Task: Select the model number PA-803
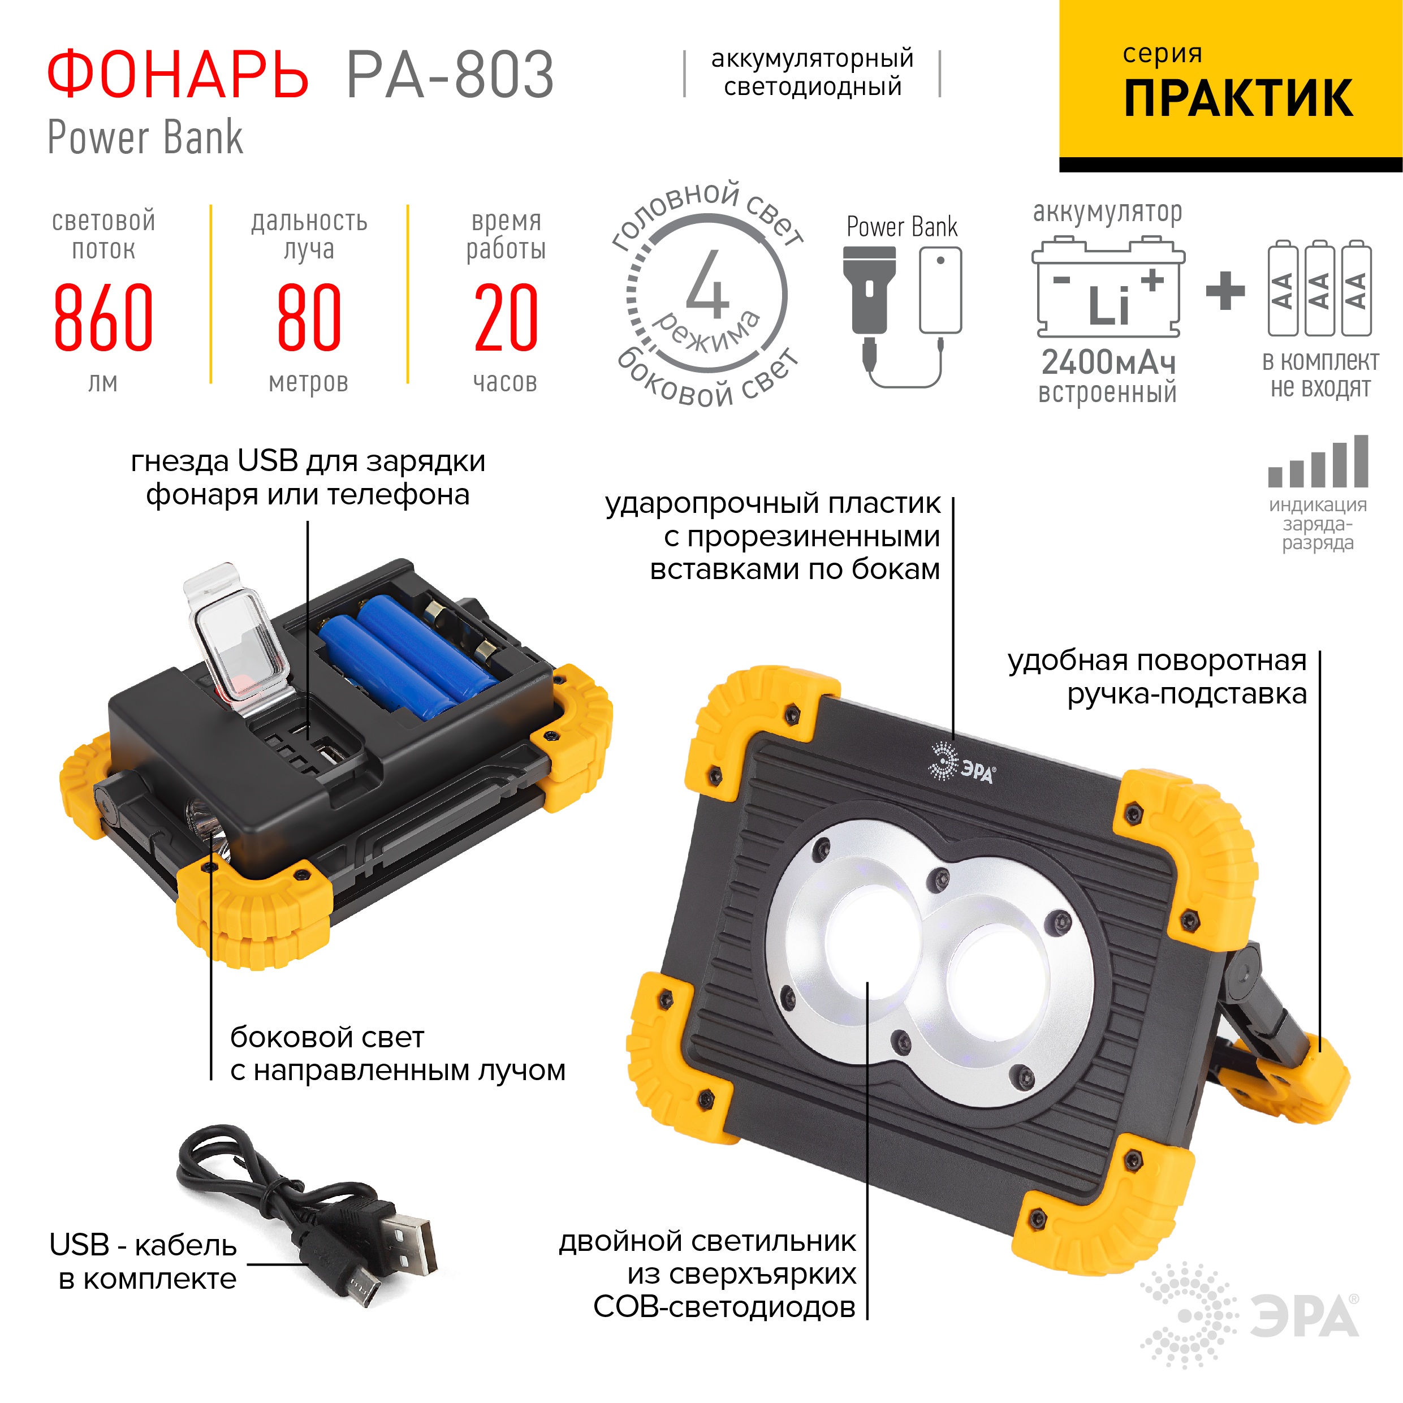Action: point(450,75)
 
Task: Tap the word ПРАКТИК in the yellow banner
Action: point(1238,99)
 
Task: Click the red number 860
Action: point(103,317)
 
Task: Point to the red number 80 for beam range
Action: point(309,317)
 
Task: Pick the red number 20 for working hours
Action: point(506,317)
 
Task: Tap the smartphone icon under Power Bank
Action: point(940,291)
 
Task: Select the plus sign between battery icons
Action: point(1225,291)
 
